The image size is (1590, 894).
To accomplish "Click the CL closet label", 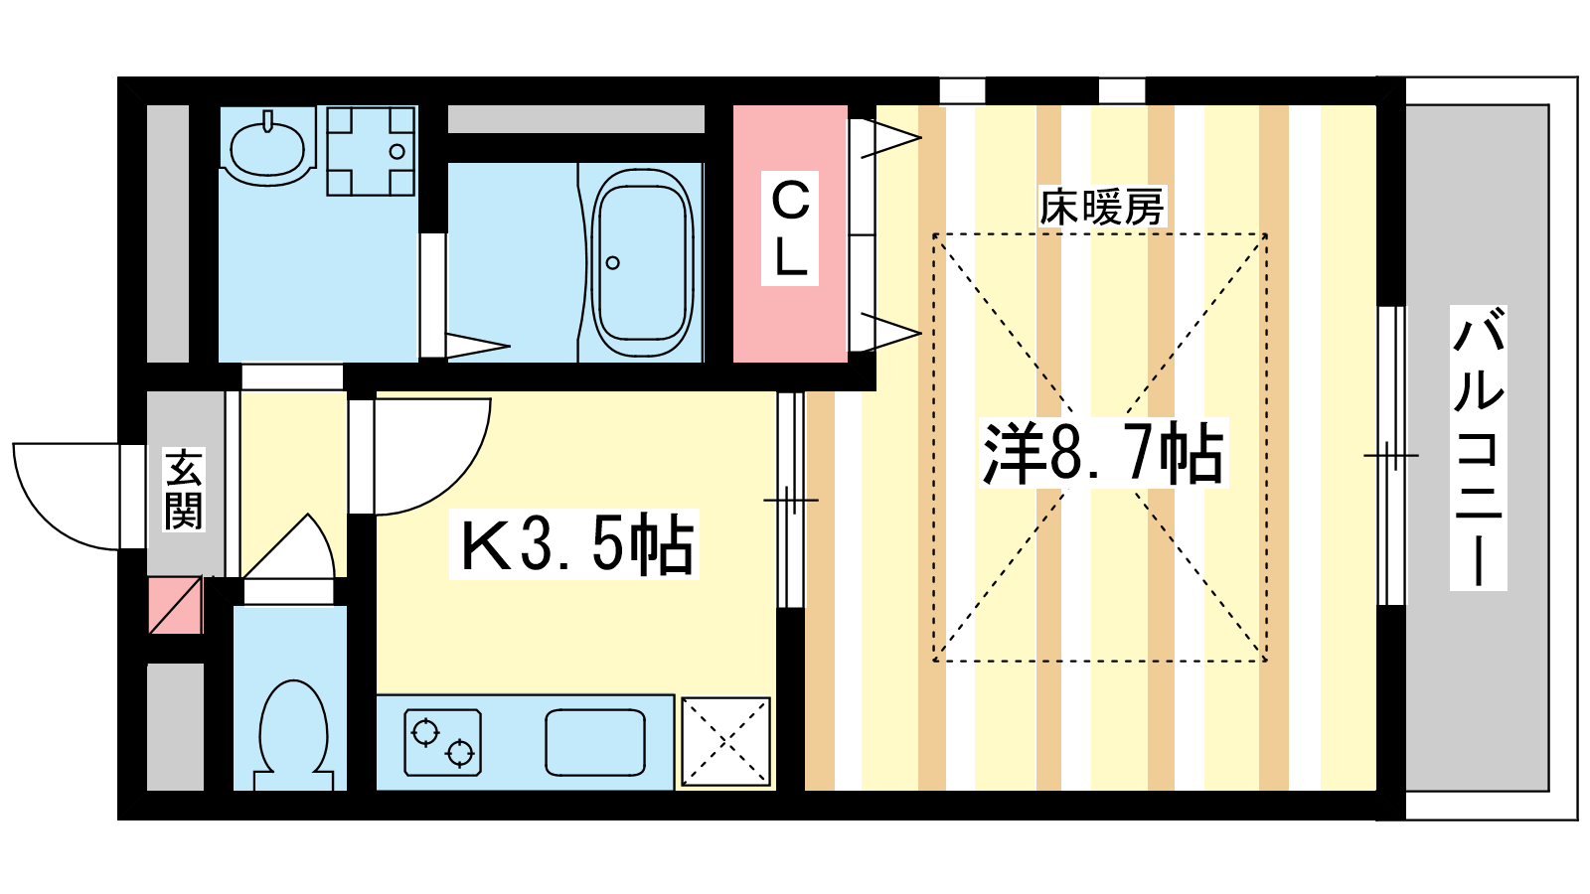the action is coord(790,228).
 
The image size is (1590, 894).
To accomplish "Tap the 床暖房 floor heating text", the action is coord(1102,208).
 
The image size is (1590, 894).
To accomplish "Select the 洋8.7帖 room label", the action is coord(1104,453).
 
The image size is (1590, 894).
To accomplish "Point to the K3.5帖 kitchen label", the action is coord(575,544).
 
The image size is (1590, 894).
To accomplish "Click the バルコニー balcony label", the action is coord(1479,448).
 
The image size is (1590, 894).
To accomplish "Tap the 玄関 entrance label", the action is coord(184,490).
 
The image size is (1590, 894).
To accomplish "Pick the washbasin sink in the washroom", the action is coord(267,148).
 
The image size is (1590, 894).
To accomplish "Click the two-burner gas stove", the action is coord(443,742).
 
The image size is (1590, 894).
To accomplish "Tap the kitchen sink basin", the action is coord(595,742).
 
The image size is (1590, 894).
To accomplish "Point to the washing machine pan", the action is coord(371,151).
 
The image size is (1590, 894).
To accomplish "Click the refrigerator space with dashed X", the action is coord(726,741).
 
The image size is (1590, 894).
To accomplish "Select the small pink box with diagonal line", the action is coord(176,605).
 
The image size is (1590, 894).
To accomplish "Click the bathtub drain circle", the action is coord(612,263).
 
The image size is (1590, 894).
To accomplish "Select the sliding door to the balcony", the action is coord(1391,456).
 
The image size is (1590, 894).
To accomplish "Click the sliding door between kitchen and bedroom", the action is coord(791,501).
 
